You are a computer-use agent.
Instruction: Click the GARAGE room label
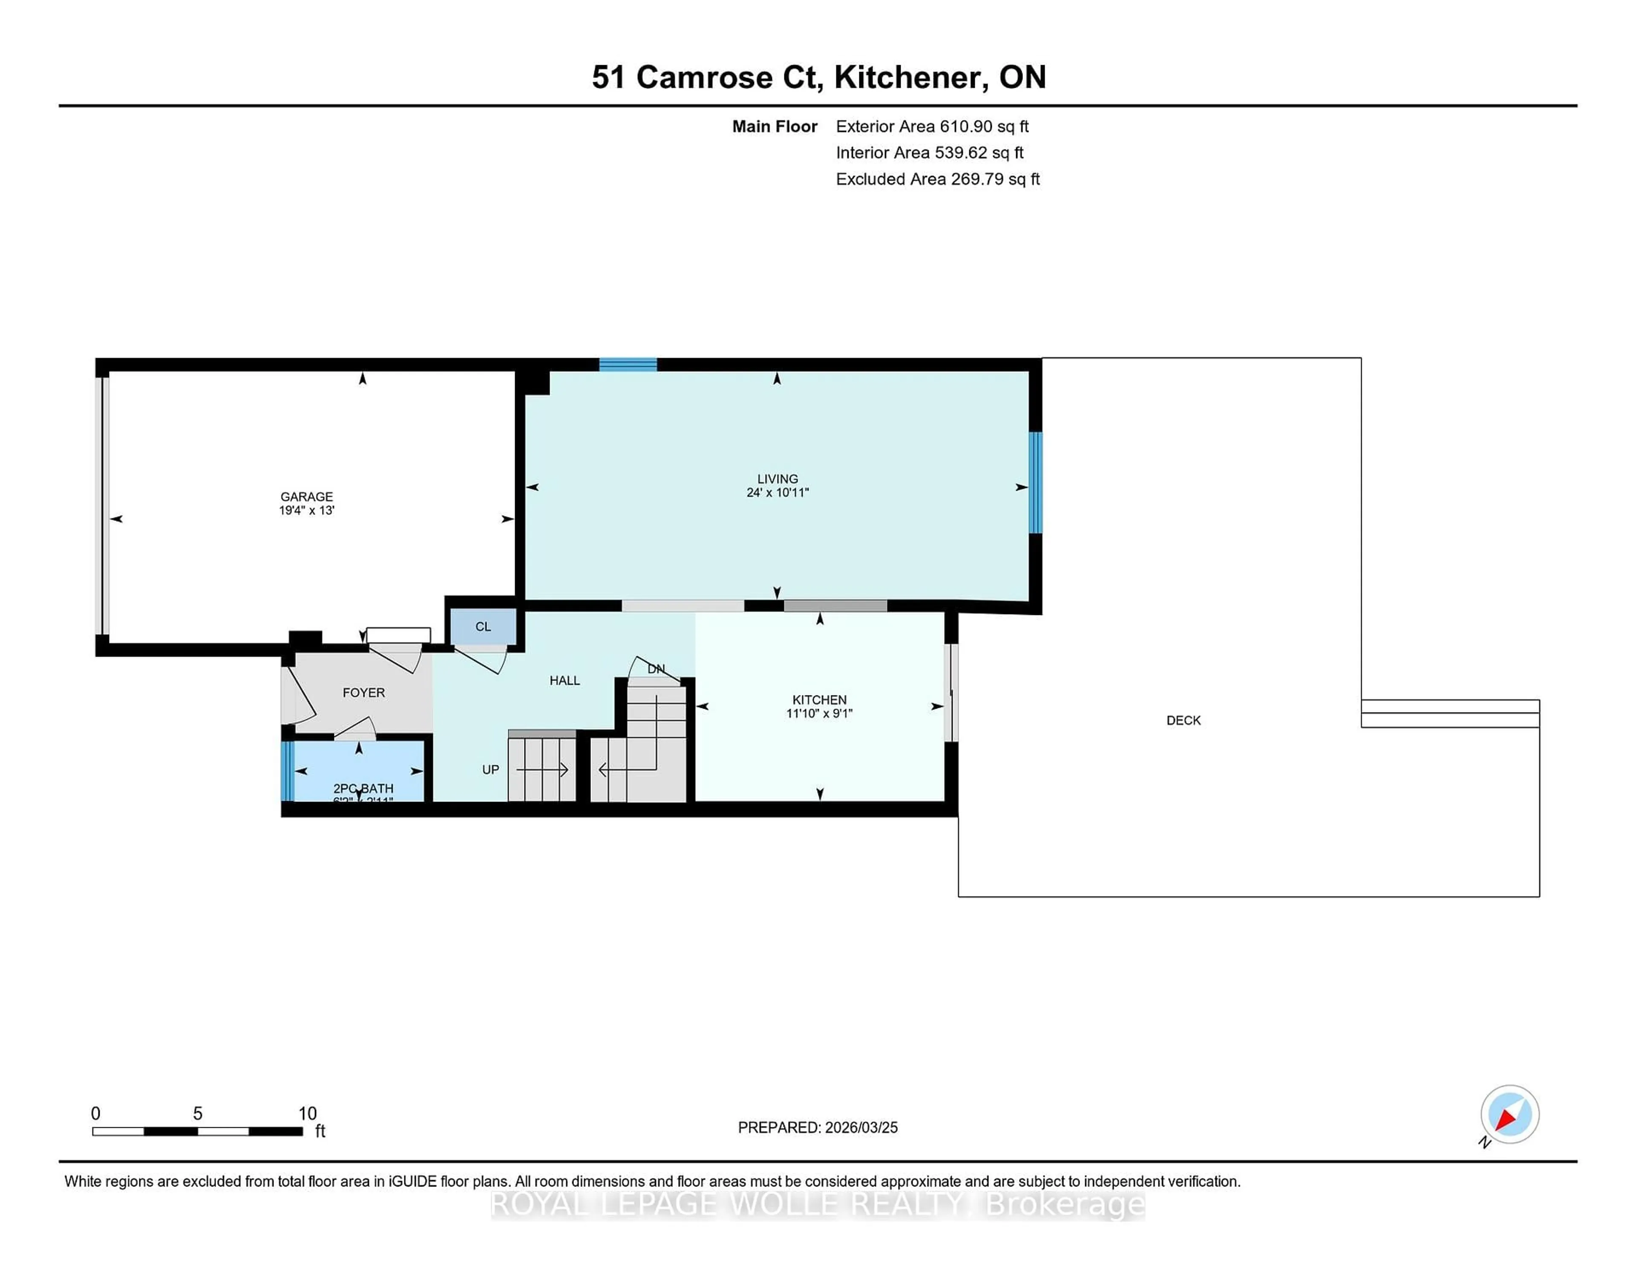point(306,497)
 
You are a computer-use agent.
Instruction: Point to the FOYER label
point(363,692)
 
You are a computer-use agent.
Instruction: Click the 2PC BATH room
point(360,771)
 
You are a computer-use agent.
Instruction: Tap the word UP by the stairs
point(490,770)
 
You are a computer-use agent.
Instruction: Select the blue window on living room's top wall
point(628,365)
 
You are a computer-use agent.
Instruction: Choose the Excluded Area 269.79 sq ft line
point(937,179)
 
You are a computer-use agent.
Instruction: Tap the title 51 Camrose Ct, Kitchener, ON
point(818,77)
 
